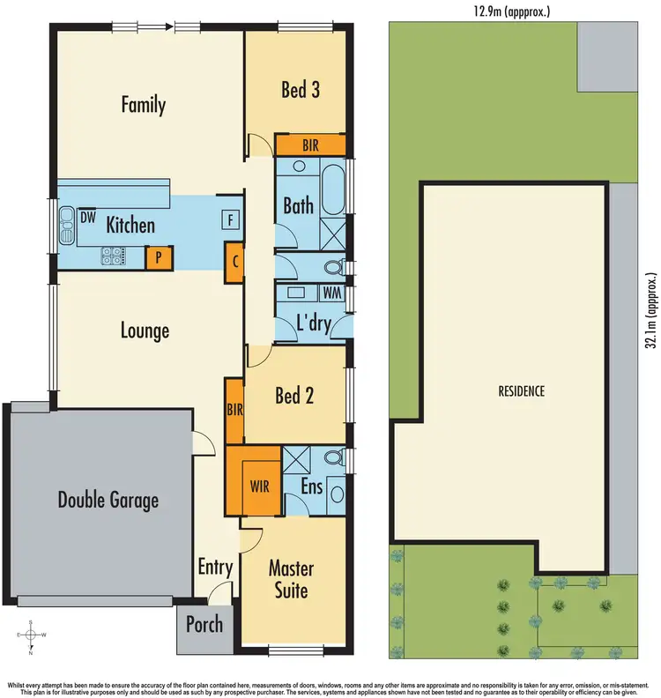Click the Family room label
pos(143,106)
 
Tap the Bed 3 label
pos(300,89)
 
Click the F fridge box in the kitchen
pos(230,219)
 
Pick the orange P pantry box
pos(159,257)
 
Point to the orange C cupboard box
pos(235,262)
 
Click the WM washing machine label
pos(332,292)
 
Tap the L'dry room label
pos(314,324)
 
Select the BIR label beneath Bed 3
pos(309,145)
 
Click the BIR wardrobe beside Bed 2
pos(234,410)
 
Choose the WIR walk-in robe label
pos(260,486)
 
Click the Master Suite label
pos(290,579)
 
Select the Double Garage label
pos(108,501)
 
